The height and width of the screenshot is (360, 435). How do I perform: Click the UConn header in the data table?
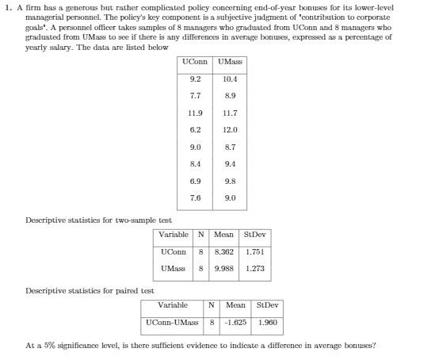click(x=196, y=61)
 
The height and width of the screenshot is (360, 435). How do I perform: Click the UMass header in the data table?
click(x=230, y=61)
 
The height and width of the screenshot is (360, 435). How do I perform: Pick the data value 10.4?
click(x=230, y=79)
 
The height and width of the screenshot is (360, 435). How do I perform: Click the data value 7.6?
click(x=196, y=198)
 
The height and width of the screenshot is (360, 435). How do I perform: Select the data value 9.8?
click(x=230, y=182)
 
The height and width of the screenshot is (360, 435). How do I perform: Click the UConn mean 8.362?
click(x=224, y=251)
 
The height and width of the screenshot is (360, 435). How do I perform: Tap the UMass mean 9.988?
click(x=224, y=268)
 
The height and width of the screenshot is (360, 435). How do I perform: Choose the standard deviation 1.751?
click(x=255, y=251)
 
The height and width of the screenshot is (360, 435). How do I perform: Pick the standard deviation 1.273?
click(x=255, y=268)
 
